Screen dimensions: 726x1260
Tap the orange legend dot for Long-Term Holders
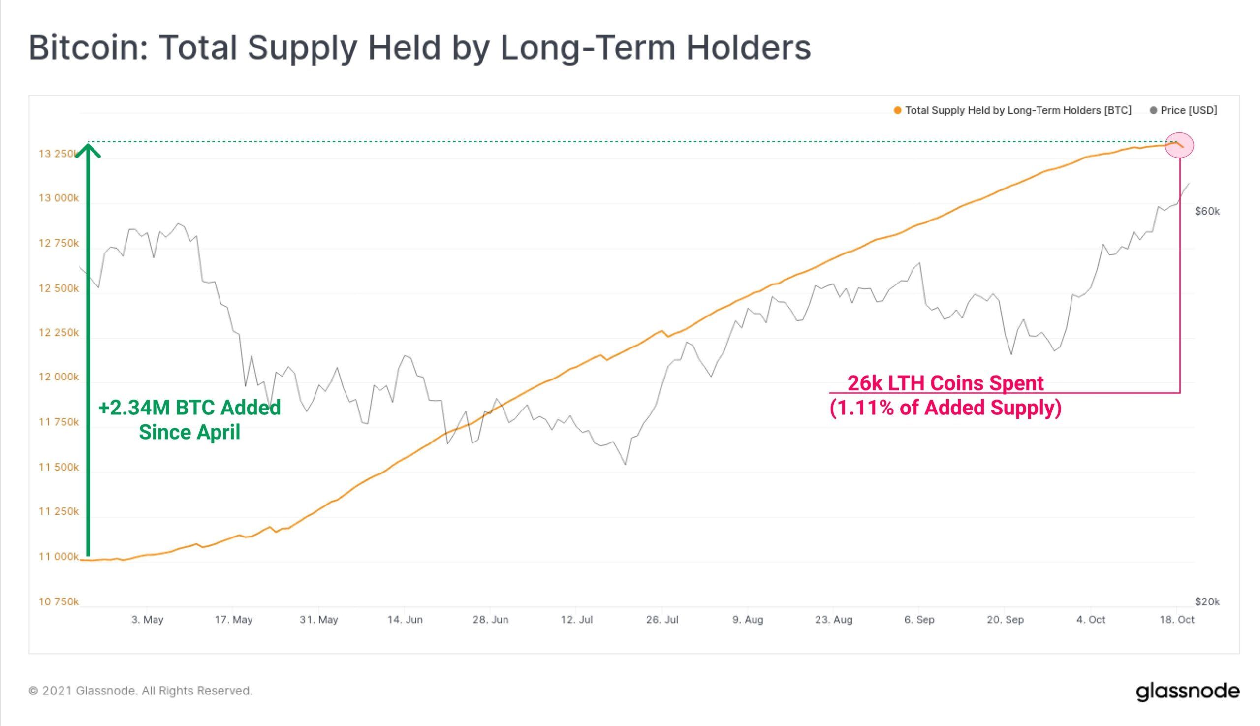(898, 111)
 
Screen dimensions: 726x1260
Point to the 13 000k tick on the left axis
(59, 198)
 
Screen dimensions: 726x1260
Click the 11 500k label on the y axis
(59, 467)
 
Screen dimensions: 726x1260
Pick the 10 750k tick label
(59, 602)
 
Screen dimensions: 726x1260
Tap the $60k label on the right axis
(1207, 212)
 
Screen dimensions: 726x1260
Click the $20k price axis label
(1207, 602)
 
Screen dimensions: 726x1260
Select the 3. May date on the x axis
(147, 620)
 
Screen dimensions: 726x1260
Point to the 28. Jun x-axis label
(491, 620)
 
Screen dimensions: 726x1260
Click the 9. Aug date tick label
(748, 620)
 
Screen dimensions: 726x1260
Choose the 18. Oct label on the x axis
(1177, 620)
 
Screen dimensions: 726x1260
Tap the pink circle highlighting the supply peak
(1179, 145)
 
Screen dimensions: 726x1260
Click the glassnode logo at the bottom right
(1188, 692)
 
